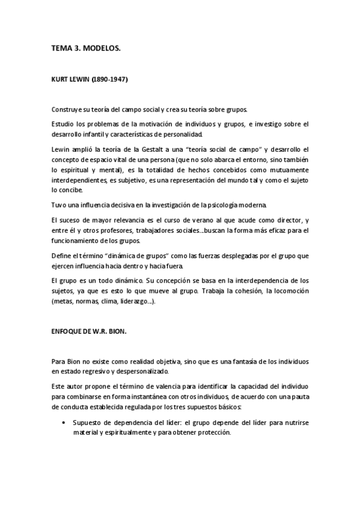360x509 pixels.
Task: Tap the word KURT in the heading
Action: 61,79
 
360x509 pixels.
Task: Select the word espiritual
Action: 82,170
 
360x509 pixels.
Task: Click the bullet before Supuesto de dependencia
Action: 64,423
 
